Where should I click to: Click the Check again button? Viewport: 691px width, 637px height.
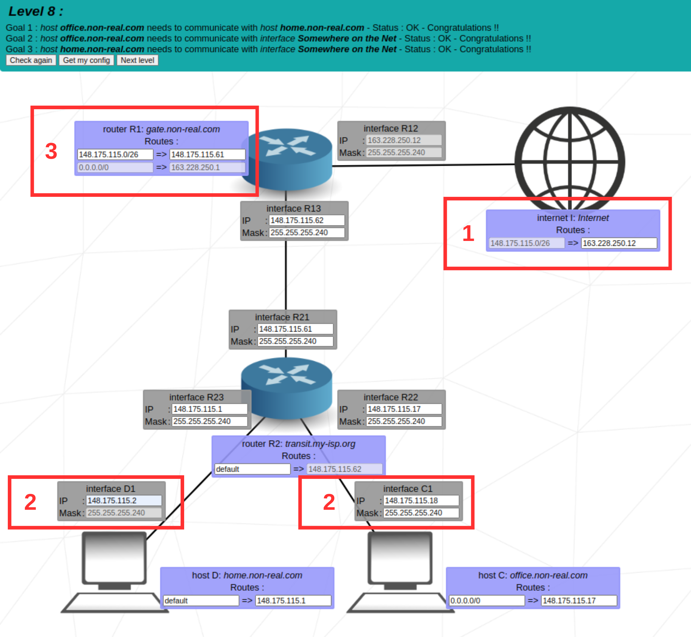31,60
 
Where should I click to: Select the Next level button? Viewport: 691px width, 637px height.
137,60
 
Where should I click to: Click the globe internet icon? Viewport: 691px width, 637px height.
570,158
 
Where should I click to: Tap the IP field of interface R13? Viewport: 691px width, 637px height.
306,220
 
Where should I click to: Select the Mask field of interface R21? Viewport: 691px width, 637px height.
295,341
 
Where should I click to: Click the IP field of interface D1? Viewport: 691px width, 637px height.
124,500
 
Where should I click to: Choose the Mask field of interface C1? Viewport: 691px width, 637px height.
421,513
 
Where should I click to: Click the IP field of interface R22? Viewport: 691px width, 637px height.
403,409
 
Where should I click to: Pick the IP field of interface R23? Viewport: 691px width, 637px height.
209,409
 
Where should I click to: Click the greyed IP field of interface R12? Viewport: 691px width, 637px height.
403,140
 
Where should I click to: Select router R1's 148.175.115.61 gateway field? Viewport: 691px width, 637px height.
207,155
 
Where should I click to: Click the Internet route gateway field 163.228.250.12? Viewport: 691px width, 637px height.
619,243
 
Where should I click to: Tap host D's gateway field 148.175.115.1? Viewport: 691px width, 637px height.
293,600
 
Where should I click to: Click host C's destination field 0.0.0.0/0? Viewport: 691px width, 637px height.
486,600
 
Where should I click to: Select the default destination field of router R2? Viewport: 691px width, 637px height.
252,469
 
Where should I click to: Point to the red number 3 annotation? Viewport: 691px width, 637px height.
51,151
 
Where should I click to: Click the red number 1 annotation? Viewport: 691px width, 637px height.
468,233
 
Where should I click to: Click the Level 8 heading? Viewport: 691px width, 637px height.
36,11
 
